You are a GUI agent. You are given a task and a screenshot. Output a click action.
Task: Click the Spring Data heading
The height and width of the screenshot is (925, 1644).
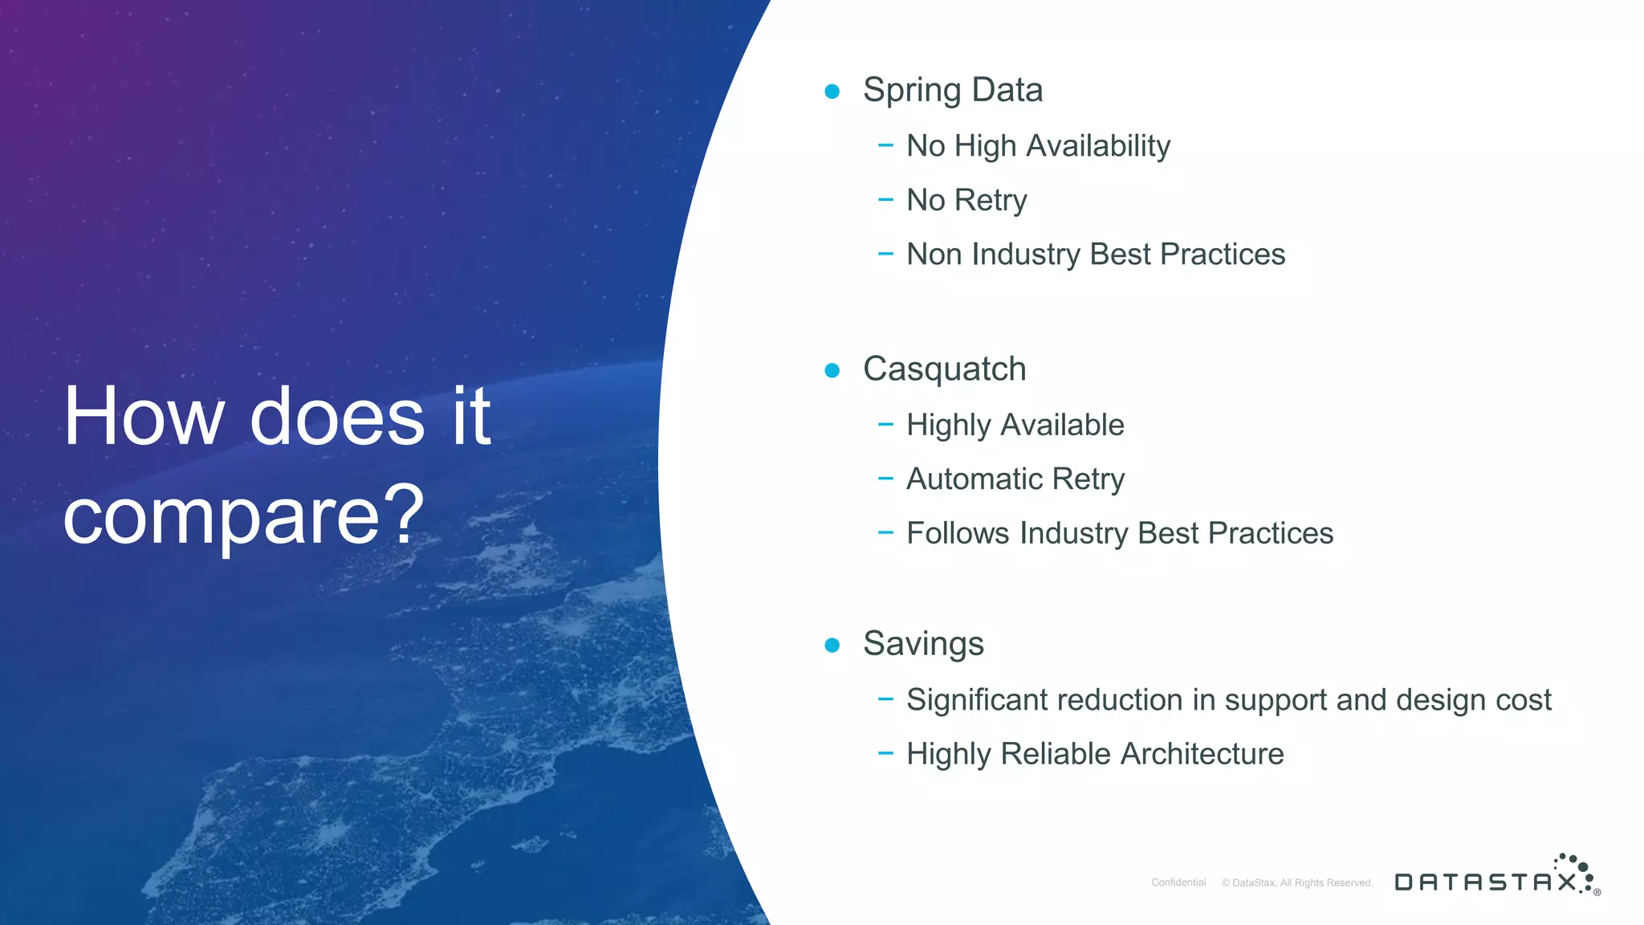pyautogui.click(x=952, y=90)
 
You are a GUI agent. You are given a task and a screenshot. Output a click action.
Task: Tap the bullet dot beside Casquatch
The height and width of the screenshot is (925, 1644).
pyautogui.click(x=832, y=370)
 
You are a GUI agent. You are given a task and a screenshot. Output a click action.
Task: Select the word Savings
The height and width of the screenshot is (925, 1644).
pyautogui.click(x=923, y=644)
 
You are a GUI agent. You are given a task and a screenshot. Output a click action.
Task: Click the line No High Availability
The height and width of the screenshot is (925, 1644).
pyautogui.click(x=1038, y=146)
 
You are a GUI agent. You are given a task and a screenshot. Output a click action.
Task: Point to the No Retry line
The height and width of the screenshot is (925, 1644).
pyautogui.click(x=966, y=200)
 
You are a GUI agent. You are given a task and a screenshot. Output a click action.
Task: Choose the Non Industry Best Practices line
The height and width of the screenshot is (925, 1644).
pyautogui.click(x=1095, y=255)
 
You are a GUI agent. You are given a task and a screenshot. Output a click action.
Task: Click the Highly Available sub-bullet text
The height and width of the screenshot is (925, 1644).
pyautogui.click(x=1015, y=425)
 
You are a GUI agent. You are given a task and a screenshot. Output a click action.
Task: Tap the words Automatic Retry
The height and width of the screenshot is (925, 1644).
pyautogui.click(x=1015, y=479)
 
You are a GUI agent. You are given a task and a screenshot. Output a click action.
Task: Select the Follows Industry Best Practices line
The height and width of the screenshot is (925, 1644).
pyautogui.click(x=1119, y=533)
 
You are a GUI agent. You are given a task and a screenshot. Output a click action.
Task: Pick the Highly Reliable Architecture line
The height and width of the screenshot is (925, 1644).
pyautogui.click(x=1094, y=754)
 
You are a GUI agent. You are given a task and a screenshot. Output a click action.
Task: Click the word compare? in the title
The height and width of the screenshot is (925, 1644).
pyautogui.click(x=243, y=515)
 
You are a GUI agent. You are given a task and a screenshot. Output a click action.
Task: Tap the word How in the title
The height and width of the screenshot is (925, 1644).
pyautogui.click(x=144, y=417)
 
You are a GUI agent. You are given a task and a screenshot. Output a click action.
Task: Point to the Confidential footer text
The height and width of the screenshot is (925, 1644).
pyautogui.click(x=1178, y=882)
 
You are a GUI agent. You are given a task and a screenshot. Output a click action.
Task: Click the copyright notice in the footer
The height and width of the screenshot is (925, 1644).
pyautogui.click(x=1297, y=882)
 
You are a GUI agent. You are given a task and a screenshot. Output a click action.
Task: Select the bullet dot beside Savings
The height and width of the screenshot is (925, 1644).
pyautogui.click(x=832, y=645)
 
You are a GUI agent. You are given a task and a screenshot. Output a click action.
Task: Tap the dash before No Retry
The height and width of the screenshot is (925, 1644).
pyautogui.click(x=885, y=199)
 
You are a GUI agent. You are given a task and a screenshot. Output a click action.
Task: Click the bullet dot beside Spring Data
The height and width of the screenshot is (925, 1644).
pyautogui.click(x=832, y=92)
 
